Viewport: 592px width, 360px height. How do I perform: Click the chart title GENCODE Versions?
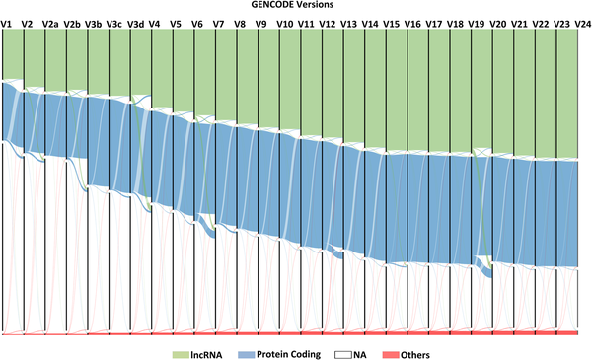coord(296,6)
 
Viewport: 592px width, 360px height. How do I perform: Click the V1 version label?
coord(8,22)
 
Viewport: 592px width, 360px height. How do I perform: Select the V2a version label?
coord(51,22)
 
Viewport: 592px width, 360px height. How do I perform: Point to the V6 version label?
coord(197,22)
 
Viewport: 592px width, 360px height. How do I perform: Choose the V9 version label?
coord(260,22)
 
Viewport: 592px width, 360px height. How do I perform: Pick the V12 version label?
coord(328,22)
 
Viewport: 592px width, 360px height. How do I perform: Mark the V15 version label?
coord(392,22)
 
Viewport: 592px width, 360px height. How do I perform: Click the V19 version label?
coord(477,22)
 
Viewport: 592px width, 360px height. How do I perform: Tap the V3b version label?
coord(94,22)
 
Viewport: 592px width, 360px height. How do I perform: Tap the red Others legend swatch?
coord(392,353)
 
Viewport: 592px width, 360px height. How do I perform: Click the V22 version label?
coord(541,22)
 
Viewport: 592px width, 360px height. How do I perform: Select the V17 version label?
coord(434,22)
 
